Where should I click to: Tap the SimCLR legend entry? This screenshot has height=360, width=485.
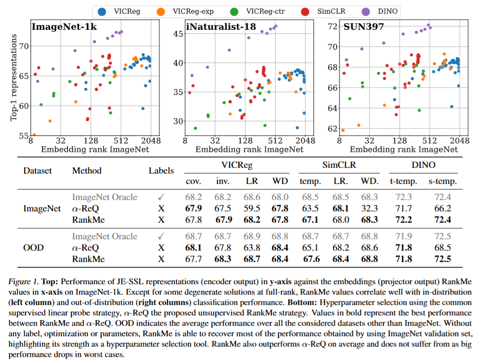(x=314, y=10)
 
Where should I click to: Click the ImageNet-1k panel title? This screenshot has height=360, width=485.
(x=64, y=27)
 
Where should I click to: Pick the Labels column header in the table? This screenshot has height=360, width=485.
(x=161, y=171)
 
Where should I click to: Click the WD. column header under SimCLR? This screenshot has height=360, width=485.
(x=370, y=182)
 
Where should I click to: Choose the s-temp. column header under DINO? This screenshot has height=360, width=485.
(x=442, y=182)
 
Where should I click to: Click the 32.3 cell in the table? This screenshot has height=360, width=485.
(x=370, y=208)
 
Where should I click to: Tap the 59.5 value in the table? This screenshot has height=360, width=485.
(x=251, y=208)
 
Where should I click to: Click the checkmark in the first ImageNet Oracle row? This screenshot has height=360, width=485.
(x=161, y=197)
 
